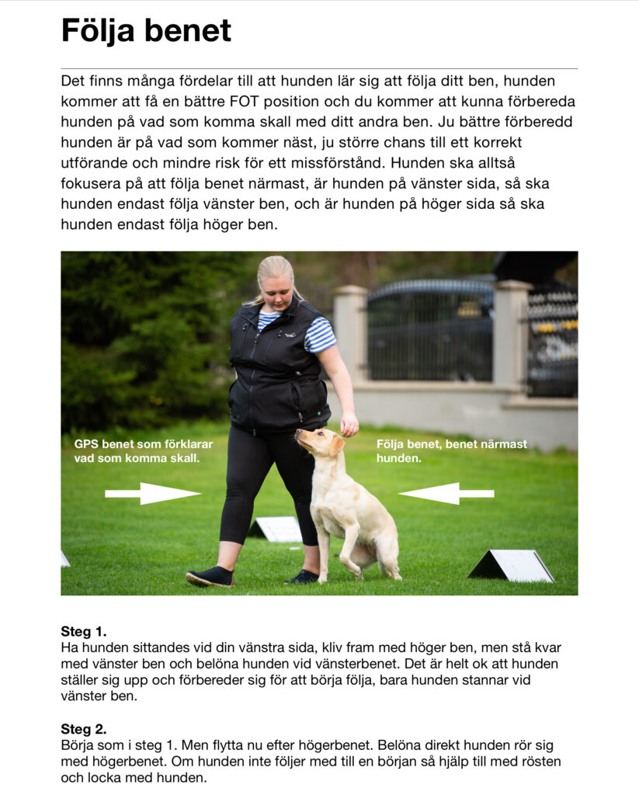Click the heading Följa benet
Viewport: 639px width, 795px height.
146,31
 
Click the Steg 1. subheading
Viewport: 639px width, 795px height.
84,631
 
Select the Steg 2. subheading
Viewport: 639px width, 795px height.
84,729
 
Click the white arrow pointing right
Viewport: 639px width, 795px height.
152,493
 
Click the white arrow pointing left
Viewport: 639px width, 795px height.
446,493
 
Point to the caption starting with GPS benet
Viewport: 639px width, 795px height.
143,451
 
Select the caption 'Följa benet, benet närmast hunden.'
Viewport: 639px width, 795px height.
451,451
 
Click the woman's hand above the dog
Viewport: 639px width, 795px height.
349,424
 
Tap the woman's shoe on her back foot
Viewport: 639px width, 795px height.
210,577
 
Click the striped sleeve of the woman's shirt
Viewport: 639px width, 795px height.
319,335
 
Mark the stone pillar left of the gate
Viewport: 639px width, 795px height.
351,334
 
